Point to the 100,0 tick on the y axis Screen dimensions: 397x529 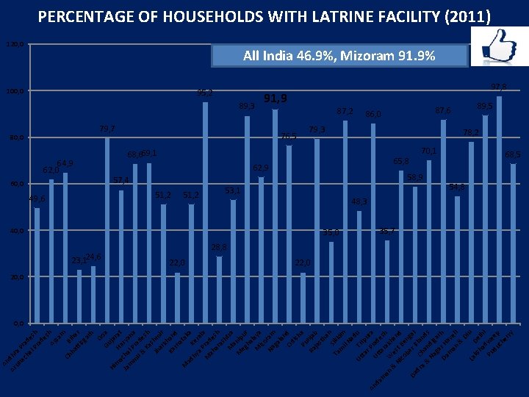click(x=14, y=91)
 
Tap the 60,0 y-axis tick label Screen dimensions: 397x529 click(x=14, y=184)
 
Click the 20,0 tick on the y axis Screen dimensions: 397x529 click(x=14, y=277)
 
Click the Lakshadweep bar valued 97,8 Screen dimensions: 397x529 click(x=500, y=209)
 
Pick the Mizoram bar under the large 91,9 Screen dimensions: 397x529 click(x=276, y=216)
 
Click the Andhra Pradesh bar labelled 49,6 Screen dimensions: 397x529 click(x=37, y=265)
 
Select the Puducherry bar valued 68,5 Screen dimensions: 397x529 click(x=514, y=243)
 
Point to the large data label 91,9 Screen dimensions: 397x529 click(x=276, y=99)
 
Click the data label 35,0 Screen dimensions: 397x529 click(x=331, y=233)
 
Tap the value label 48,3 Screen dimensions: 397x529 click(x=359, y=201)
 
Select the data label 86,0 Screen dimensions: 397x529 click(x=373, y=114)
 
